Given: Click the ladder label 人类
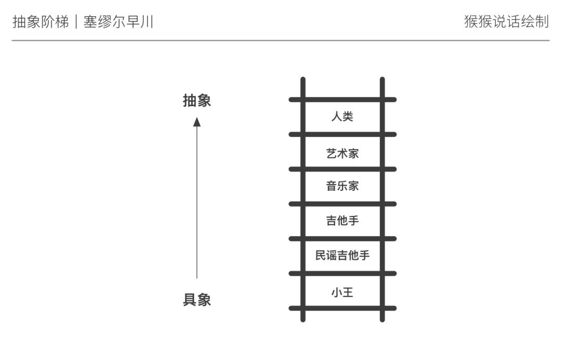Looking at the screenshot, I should click(x=342, y=117).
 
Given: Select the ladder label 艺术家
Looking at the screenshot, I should click(x=342, y=153).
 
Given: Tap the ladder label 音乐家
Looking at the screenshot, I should click(x=342, y=186).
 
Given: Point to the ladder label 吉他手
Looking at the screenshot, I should click(x=342, y=221).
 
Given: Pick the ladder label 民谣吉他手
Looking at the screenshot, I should click(x=342, y=255).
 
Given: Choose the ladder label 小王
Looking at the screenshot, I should click(x=342, y=292).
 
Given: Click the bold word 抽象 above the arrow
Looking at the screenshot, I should click(x=197, y=101).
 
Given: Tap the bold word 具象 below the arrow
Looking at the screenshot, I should click(x=197, y=300).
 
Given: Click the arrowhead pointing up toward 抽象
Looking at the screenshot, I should click(x=197, y=122).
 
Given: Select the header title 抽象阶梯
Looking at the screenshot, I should click(x=40, y=22).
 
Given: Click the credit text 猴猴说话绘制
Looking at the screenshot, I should click(x=506, y=22).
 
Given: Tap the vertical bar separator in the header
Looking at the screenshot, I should click(x=76, y=22).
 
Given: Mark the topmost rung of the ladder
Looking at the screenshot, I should click(x=342, y=99).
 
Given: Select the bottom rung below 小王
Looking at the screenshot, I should click(x=342, y=308).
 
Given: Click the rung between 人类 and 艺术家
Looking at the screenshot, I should click(x=342, y=134).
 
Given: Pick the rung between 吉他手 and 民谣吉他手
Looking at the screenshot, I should click(x=342, y=239).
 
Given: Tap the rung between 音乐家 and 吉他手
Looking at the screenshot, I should click(x=342, y=204).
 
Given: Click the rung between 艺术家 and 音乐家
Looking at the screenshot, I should click(x=342, y=169).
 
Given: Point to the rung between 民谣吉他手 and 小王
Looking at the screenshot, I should click(x=342, y=274).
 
